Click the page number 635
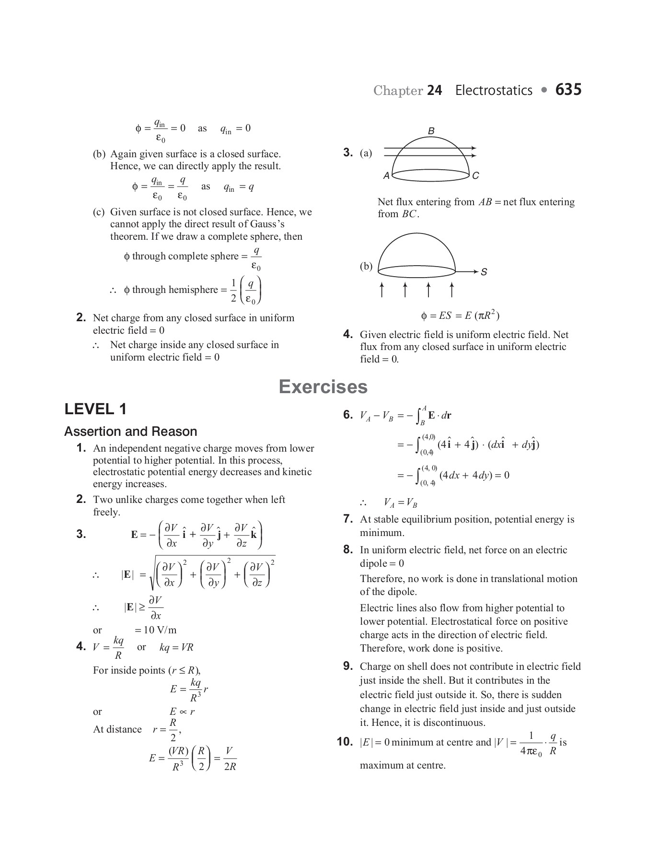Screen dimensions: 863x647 point(568,90)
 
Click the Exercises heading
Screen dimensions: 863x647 point(323,387)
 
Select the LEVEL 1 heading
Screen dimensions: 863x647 point(95,409)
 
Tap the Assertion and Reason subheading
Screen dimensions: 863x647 point(130,431)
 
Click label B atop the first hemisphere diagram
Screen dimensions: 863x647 point(431,131)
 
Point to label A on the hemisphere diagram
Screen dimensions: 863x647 point(386,176)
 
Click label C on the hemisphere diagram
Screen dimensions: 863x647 point(475,176)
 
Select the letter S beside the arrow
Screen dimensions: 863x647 point(484,272)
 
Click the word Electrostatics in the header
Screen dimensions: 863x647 point(494,91)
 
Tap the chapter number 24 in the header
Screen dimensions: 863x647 point(434,91)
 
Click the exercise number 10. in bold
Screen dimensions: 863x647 point(345,742)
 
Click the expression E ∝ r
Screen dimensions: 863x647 point(182,711)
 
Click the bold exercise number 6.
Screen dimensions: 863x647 point(348,415)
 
